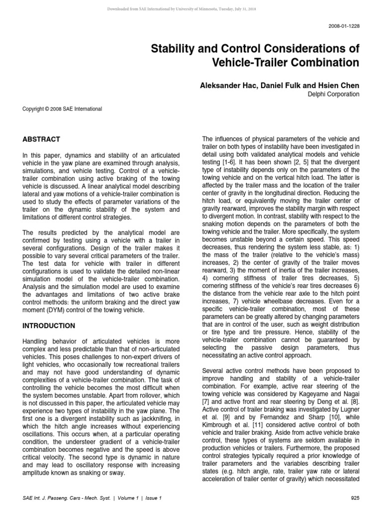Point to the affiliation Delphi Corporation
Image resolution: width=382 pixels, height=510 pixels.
point(334,94)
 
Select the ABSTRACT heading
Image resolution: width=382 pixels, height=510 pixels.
point(41,139)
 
